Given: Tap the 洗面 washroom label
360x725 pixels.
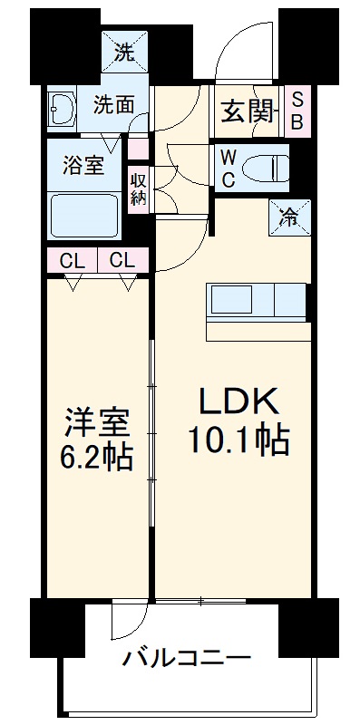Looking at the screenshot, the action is (x=114, y=106).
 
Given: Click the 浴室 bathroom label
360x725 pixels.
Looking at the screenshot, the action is (x=83, y=166).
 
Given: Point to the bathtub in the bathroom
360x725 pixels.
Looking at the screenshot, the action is (x=84, y=216).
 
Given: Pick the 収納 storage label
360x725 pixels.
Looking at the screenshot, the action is (x=138, y=189).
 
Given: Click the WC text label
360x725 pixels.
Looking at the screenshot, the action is (x=228, y=169).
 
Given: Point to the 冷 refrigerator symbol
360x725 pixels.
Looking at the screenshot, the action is (x=289, y=217).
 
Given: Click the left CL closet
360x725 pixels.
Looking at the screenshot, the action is (x=73, y=261).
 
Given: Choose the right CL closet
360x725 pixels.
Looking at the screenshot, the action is (x=122, y=261).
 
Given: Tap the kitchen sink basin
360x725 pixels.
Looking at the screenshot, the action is (x=231, y=300).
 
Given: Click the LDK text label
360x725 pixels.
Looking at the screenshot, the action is (x=238, y=402).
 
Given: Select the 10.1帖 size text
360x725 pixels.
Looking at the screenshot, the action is (x=238, y=441).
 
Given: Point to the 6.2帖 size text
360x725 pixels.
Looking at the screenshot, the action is (x=96, y=457).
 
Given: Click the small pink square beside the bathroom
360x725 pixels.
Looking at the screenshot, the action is (x=139, y=149).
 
